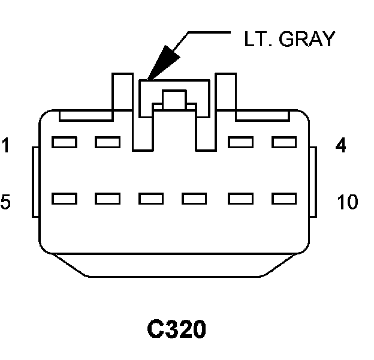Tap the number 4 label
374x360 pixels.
340,145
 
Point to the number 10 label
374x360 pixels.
347,202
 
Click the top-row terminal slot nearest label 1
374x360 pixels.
64,142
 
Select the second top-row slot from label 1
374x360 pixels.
108,142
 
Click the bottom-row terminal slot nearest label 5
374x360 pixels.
64,198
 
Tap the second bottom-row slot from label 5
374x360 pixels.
108,198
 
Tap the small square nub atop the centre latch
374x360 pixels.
174,98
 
